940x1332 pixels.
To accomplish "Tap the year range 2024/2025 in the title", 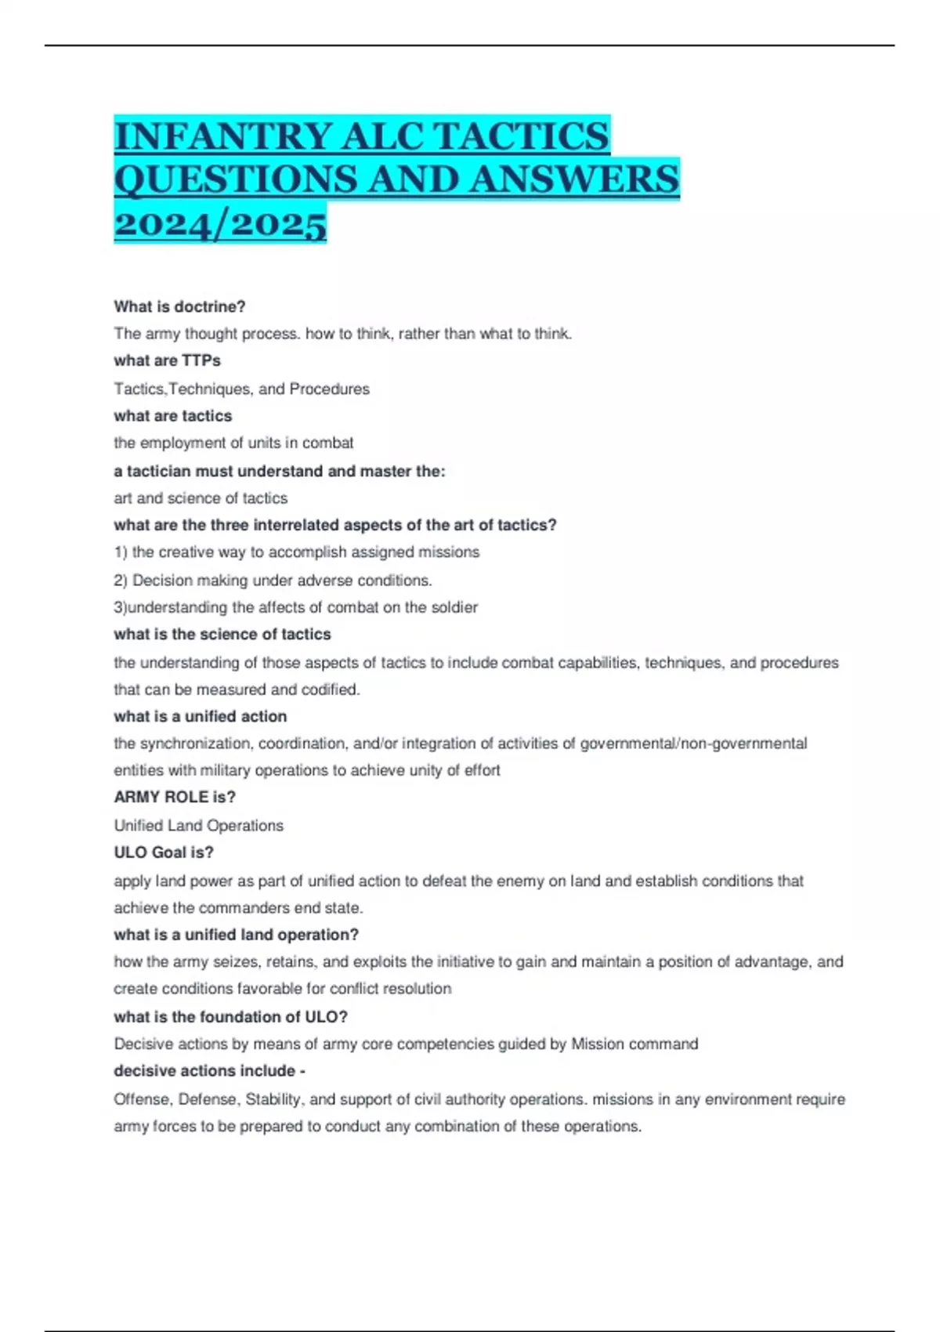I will (220, 225).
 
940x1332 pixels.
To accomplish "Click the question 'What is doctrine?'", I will (179, 306).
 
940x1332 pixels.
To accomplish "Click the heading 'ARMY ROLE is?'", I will (175, 798).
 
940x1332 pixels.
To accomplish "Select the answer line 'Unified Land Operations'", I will (198, 826).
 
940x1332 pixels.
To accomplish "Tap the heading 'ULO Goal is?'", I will (164, 852).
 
